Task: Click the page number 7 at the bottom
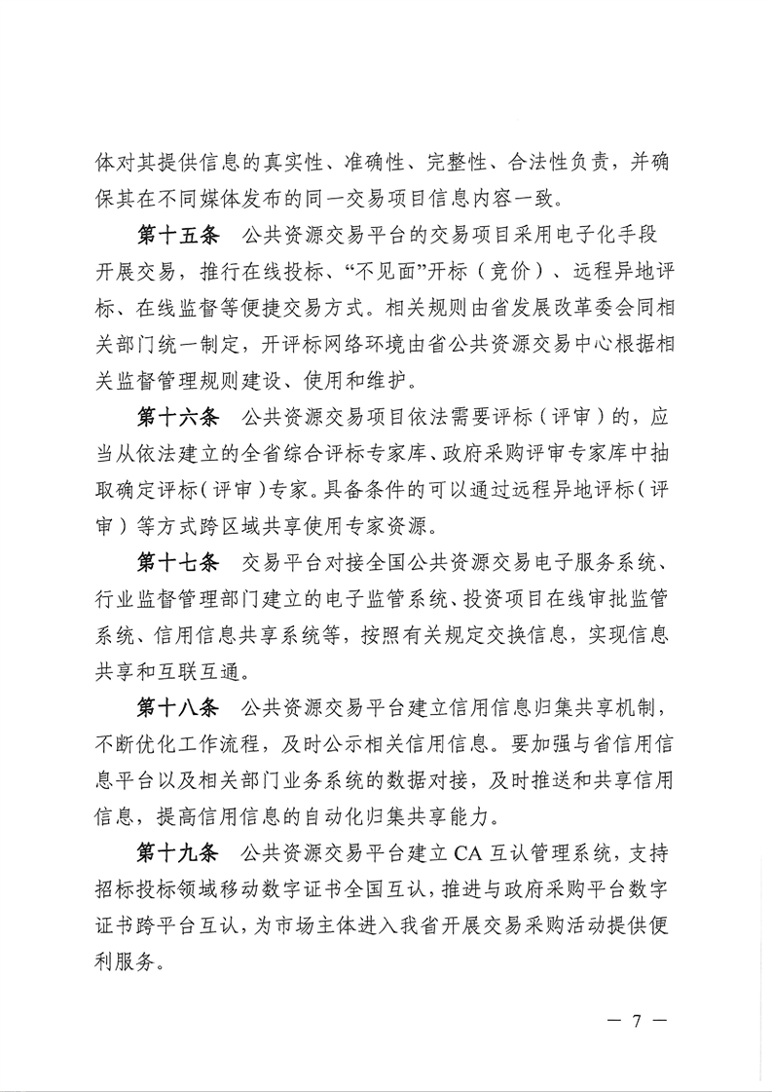pyautogui.click(x=637, y=1022)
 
